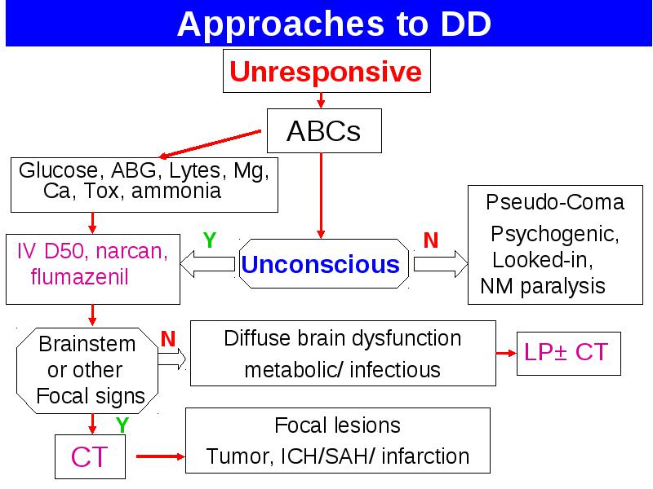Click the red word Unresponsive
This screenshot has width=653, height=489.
point(326,72)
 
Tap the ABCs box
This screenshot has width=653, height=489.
point(324,130)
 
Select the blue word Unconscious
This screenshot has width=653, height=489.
point(320,264)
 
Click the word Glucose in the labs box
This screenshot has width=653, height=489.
point(59,170)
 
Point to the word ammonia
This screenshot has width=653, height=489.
point(176,191)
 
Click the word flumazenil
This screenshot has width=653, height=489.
point(79,276)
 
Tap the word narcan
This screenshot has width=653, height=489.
point(131,252)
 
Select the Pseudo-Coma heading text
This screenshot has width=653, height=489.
point(555,202)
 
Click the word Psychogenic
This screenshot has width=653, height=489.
point(555,235)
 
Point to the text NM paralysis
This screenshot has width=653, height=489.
point(543,287)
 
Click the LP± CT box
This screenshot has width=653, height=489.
point(568,354)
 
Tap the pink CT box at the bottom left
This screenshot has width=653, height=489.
point(90,456)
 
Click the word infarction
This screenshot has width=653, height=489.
point(425,456)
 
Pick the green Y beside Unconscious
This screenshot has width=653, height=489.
point(210,240)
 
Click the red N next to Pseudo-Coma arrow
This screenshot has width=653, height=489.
point(431,240)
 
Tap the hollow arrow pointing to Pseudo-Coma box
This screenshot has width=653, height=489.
point(441,263)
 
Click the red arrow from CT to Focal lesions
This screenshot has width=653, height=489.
point(160,456)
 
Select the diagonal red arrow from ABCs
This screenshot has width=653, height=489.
point(211,144)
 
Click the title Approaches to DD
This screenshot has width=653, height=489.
point(334,24)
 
